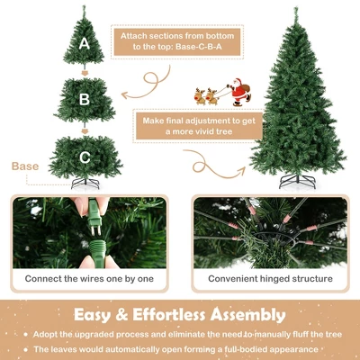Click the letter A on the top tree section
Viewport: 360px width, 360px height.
click(85, 42)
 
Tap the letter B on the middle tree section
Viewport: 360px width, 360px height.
click(85, 99)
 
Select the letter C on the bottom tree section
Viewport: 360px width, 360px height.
click(85, 157)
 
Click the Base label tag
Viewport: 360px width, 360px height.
click(25, 167)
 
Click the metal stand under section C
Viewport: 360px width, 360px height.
click(85, 184)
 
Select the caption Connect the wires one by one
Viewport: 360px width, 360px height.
click(89, 279)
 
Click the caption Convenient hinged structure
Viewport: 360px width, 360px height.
click(269, 279)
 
